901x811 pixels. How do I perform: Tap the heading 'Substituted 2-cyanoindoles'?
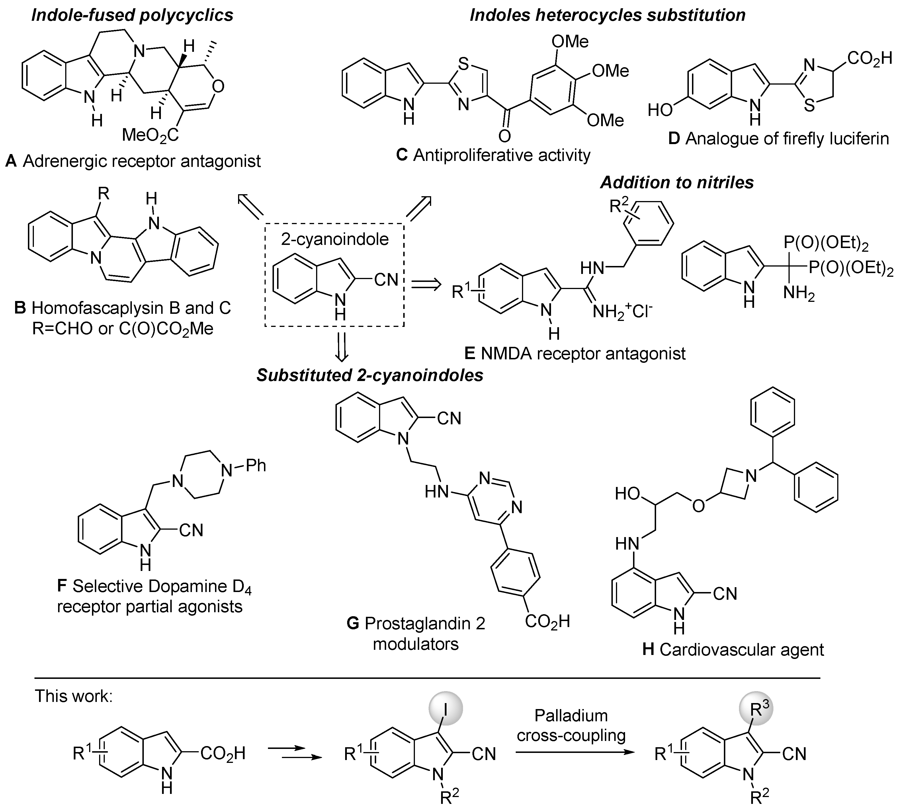[x=370, y=375]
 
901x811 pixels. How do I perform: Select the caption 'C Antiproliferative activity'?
[x=493, y=155]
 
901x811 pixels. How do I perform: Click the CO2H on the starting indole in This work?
[x=223, y=753]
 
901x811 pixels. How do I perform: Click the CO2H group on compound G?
[x=547, y=621]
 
